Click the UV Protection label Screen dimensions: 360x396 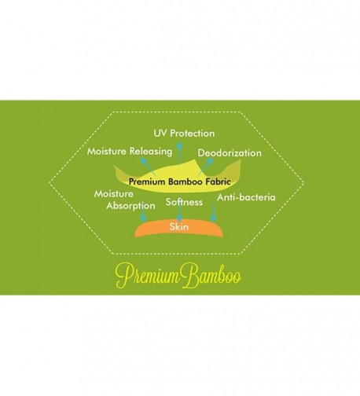tap(184, 134)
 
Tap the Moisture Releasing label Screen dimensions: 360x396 tap(130, 152)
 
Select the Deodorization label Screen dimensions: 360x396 tap(230, 153)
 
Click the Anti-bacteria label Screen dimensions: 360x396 tap(246, 197)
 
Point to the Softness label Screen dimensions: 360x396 tap(184, 202)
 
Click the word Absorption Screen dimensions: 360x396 tap(130, 206)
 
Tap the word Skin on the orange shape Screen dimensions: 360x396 tap(179, 226)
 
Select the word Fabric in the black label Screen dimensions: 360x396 tap(218, 181)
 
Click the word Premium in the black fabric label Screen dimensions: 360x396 tap(147, 181)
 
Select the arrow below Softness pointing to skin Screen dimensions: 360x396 tap(179, 211)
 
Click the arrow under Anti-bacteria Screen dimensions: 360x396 tap(214, 211)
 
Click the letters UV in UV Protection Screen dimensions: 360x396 tap(160, 133)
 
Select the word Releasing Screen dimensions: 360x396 tap(151, 152)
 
